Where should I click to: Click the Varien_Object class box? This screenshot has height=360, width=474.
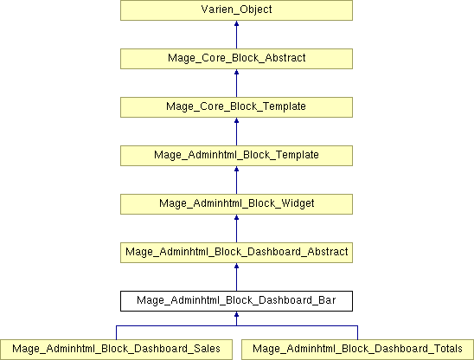pos(236,10)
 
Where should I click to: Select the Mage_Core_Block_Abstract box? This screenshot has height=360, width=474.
pos(236,59)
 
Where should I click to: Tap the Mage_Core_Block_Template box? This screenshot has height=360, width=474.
pos(236,107)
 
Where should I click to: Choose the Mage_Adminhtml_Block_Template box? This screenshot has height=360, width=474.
pos(236,156)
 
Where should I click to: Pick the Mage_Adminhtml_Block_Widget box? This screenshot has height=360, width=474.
pos(236,204)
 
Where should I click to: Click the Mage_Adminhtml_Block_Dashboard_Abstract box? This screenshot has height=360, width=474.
pos(236,253)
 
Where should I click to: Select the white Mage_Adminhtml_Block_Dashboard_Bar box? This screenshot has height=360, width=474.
pos(236,301)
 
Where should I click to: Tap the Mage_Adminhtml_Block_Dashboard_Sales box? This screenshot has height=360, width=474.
pos(116,350)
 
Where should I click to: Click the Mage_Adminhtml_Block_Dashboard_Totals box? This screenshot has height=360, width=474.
pos(357,350)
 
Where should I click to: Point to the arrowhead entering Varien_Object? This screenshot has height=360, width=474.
pos(236,23)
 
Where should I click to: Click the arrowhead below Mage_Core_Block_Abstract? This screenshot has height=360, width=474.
pos(236,72)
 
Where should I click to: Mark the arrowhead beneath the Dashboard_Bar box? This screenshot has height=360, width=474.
pos(236,314)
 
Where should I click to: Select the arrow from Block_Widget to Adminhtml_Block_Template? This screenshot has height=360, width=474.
pos(236,180)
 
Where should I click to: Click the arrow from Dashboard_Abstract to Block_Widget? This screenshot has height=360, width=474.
pos(236,228)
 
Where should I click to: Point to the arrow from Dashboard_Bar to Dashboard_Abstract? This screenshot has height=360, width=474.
pos(236,277)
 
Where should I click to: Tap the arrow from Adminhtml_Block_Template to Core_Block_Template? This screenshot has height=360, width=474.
pos(236,132)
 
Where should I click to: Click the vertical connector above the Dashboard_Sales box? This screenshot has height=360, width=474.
pos(117,332)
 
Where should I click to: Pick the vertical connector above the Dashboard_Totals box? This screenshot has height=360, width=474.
pos(357,332)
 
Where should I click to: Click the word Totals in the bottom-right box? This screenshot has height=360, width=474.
pos(448,349)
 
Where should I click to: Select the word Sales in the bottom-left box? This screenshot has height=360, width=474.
pos(207,349)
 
